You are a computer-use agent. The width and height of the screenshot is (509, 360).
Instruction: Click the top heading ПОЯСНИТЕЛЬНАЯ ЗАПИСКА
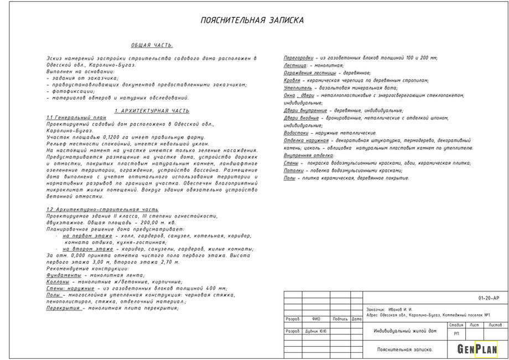coord(252,20)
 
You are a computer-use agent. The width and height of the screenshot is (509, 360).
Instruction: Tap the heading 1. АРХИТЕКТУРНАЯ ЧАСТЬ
coord(152,111)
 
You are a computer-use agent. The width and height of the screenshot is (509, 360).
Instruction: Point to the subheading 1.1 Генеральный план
coord(76,118)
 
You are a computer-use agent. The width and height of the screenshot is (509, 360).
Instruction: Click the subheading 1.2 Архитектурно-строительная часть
coord(102,210)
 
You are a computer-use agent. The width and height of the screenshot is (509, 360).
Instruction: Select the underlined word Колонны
coord(58,281)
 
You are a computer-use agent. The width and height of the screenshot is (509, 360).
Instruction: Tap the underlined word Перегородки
coord(298,58)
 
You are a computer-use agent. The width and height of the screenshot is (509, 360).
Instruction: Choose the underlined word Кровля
coord(292,80)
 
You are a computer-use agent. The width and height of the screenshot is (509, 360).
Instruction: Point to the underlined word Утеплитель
coord(298,88)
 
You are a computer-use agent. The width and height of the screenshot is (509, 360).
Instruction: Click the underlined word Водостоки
coord(297,133)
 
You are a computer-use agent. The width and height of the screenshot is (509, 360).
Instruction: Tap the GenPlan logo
coord(477,349)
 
